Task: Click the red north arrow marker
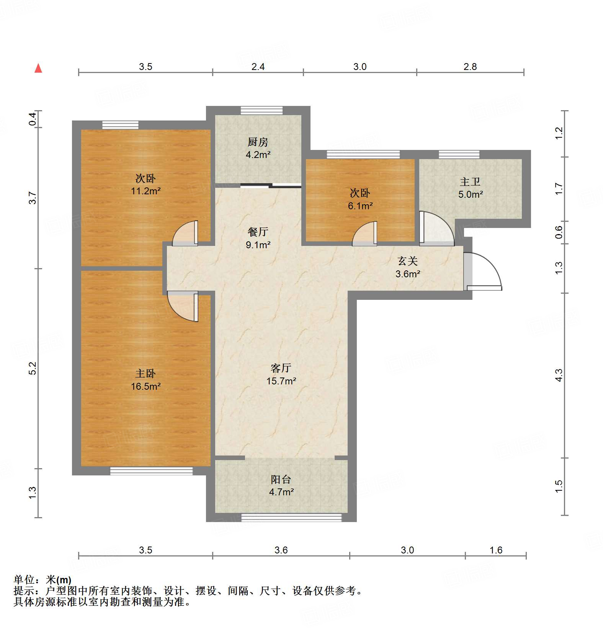(38, 68)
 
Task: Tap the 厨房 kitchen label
(258, 142)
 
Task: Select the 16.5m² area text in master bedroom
(145, 386)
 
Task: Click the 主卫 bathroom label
(470, 182)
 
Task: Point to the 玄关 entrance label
(407, 261)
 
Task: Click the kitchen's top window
(261, 111)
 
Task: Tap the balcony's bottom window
(291, 517)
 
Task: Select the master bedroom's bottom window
(151, 471)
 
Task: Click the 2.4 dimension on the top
(258, 67)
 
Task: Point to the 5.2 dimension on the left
(33, 368)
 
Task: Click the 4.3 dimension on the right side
(559, 375)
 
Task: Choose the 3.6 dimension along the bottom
(281, 550)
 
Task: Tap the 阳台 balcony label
(281, 479)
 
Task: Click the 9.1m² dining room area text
(258, 245)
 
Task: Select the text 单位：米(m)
(42, 580)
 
